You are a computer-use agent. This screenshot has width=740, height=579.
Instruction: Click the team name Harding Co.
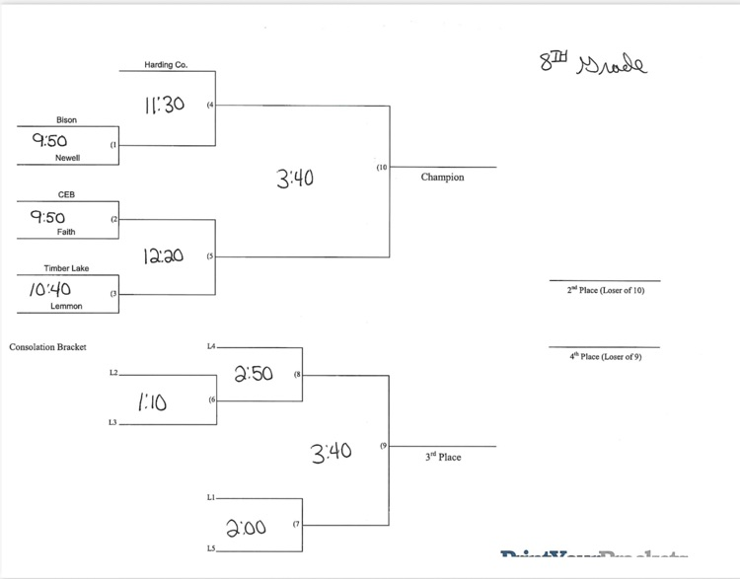(x=166, y=65)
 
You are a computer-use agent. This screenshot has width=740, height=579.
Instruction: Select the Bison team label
(x=66, y=120)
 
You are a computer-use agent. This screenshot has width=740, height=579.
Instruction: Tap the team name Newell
(x=68, y=158)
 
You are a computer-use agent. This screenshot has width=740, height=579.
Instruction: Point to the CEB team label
(x=66, y=195)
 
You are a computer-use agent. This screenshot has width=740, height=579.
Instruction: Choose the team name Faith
(x=66, y=232)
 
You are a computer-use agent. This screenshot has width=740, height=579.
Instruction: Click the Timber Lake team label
(x=66, y=268)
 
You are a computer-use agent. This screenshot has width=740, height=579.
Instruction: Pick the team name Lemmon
(x=66, y=306)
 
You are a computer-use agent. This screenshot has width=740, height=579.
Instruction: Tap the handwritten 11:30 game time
(x=164, y=104)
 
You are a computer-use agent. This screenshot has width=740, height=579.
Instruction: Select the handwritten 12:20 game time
(x=163, y=256)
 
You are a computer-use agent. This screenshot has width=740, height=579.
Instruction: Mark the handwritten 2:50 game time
(x=254, y=374)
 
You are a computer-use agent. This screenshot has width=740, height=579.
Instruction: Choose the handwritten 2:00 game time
(x=247, y=528)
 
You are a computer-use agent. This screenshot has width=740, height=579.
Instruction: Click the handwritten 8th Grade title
(x=591, y=64)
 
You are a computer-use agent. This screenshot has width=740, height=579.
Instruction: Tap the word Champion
(x=442, y=178)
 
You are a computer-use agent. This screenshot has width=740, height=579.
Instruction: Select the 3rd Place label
(x=443, y=458)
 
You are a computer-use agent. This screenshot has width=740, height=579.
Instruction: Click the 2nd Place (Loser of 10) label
(x=605, y=291)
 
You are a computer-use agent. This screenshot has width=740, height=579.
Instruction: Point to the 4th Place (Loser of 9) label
(x=605, y=356)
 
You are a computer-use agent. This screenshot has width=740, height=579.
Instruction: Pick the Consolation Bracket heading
(x=48, y=347)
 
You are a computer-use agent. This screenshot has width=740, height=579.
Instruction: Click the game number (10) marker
(x=382, y=168)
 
